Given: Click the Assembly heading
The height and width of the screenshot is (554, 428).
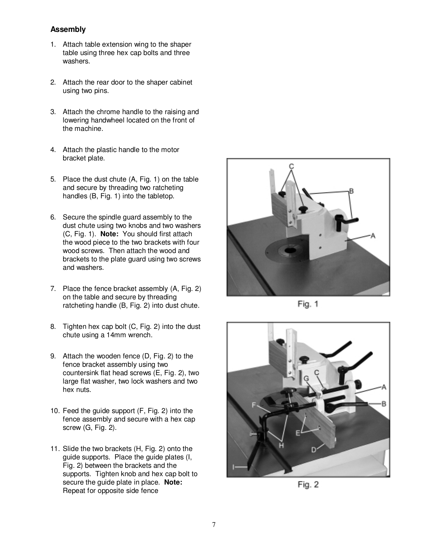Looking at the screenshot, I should [x=68, y=30].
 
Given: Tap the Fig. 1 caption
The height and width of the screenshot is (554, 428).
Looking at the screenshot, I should [x=307, y=304].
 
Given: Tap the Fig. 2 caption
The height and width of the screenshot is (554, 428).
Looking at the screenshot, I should [x=307, y=485].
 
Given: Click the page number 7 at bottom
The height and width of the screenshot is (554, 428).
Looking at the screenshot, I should [x=214, y=525].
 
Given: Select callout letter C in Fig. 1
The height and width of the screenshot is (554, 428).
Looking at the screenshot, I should [x=291, y=166].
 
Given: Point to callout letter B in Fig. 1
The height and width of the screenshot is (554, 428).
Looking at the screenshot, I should [x=351, y=191].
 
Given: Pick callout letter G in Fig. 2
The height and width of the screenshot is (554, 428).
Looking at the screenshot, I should [x=306, y=378].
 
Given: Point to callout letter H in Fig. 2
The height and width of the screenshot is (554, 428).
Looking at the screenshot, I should [x=281, y=445].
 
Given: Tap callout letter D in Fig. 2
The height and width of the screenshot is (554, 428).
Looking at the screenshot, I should [x=314, y=450].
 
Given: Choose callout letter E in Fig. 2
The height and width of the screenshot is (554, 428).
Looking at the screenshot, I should [x=298, y=433].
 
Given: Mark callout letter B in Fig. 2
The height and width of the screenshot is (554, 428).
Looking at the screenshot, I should [x=383, y=403].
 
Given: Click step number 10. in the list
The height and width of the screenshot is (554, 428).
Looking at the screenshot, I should [x=55, y=411].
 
